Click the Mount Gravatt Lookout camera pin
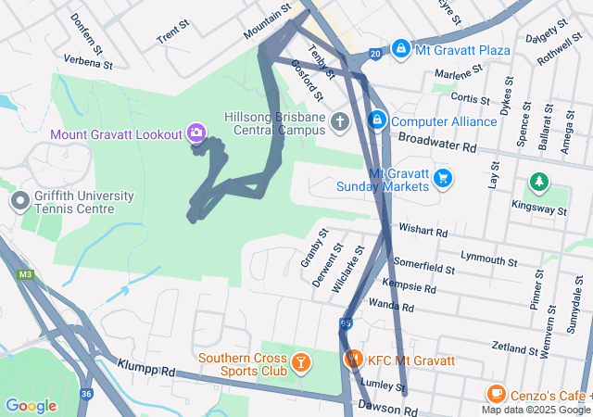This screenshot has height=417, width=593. (x=196, y=133)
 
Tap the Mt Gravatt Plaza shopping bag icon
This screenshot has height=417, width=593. (x=400, y=48)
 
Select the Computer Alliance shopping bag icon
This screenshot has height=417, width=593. (x=377, y=120)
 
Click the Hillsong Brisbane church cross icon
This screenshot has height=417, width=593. (x=340, y=121)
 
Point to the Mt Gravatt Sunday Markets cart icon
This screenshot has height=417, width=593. (x=442, y=177)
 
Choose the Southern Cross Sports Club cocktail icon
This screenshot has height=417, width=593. (x=300, y=360)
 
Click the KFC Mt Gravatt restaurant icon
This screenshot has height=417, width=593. (x=353, y=360)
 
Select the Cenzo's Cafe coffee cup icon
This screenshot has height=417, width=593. (x=496, y=394)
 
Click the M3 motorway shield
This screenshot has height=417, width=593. (x=25, y=274)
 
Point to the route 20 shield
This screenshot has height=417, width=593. (x=375, y=56)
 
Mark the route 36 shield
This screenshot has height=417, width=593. (x=85, y=394)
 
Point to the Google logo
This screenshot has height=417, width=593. (x=31, y=405)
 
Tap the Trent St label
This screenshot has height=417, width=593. (x=173, y=36)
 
